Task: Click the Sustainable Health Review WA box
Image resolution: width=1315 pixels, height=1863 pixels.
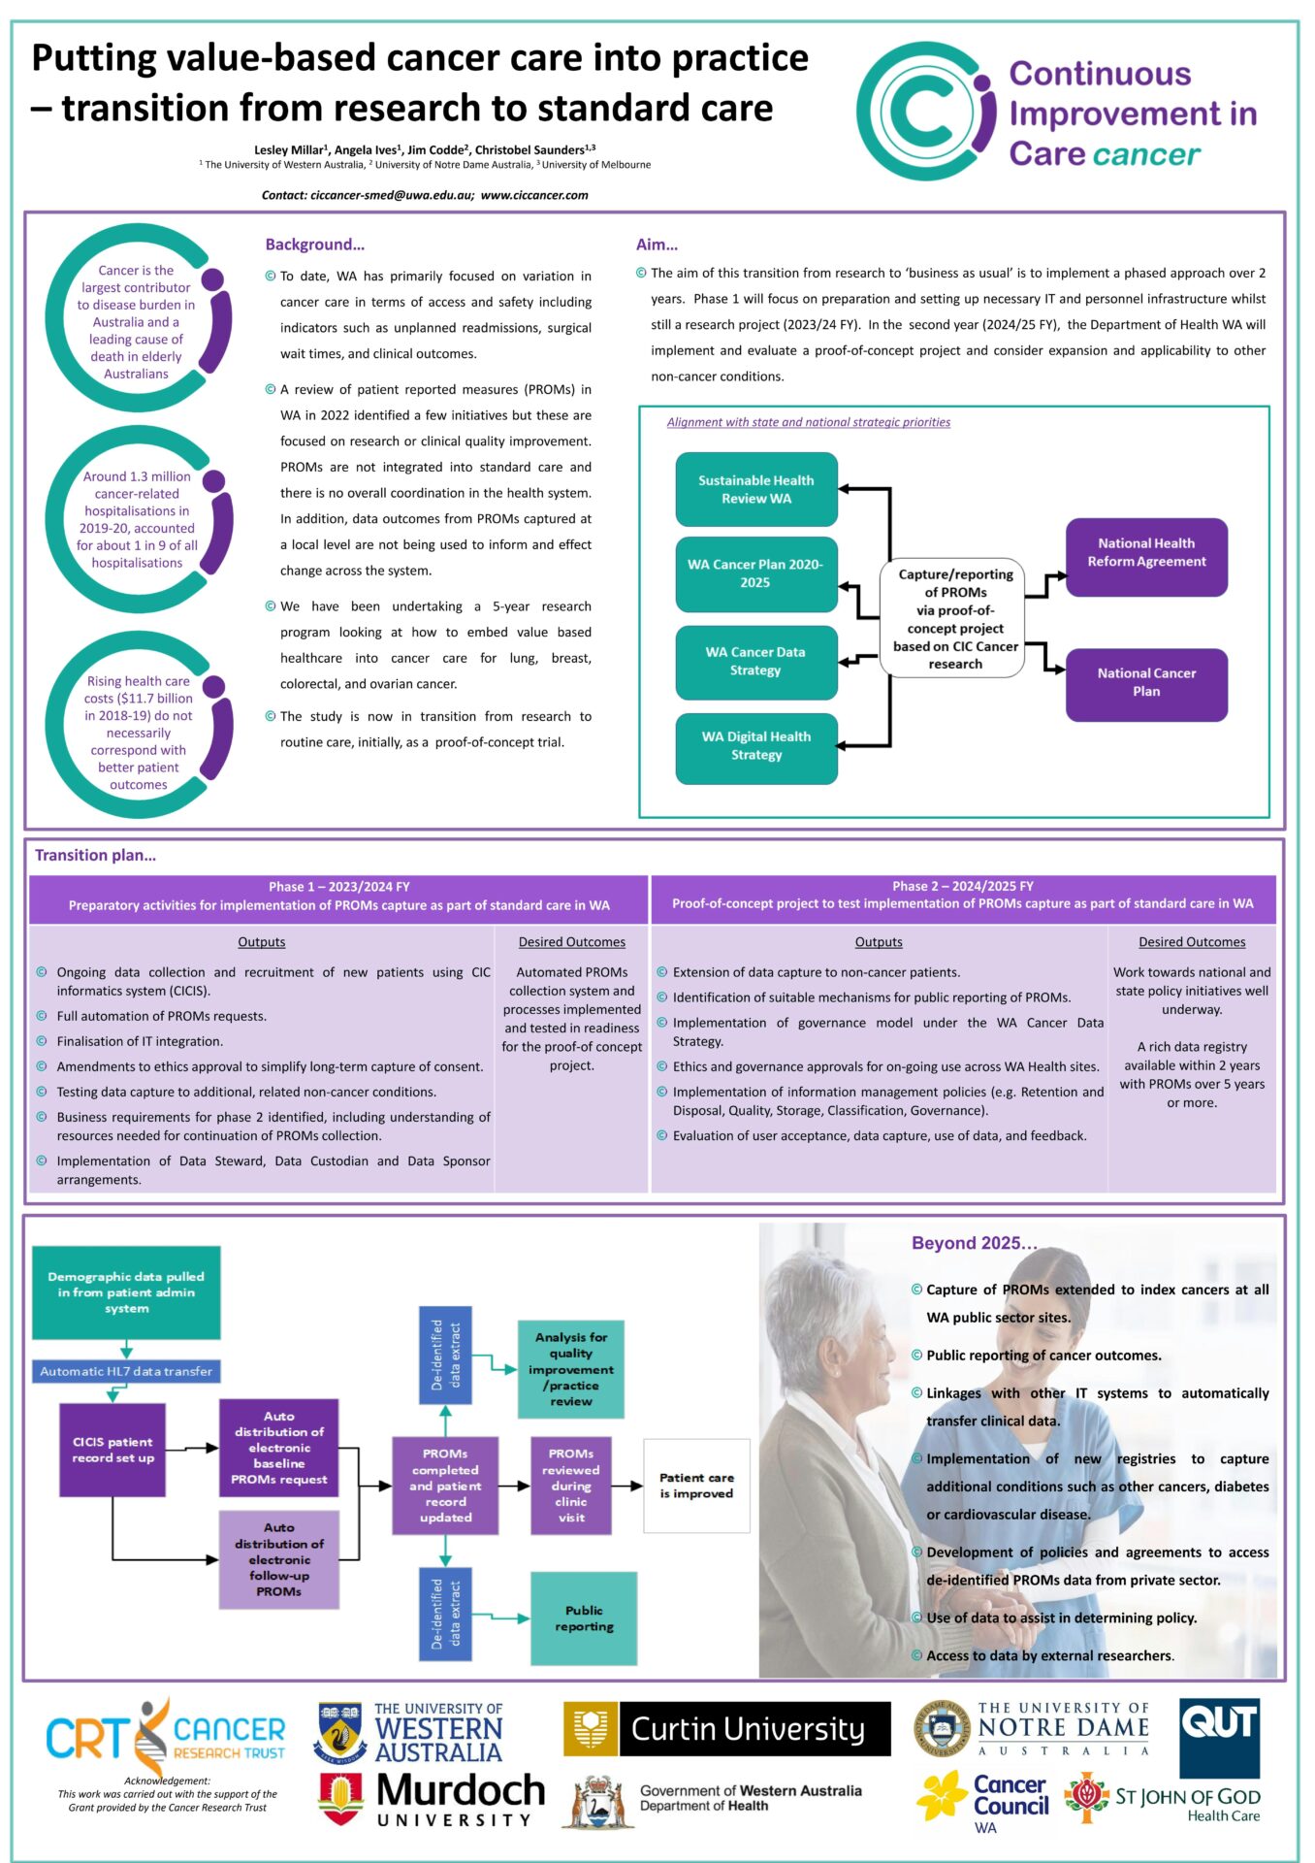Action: (x=755, y=489)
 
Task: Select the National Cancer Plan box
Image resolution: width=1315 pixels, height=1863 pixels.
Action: (x=1145, y=682)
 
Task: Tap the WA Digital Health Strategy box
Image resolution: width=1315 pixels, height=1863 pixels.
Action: (x=755, y=746)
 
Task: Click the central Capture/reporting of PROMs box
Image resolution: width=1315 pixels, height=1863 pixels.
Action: (x=954, y=617)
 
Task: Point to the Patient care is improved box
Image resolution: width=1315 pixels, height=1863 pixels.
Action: (x=696, y=1486)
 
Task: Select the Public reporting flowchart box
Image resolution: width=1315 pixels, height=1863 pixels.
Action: (x=584, y=1618)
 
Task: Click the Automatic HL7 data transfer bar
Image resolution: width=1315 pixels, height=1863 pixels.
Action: (x=126, y=1371)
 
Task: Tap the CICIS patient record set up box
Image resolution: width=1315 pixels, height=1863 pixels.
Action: (x=112, y=1450)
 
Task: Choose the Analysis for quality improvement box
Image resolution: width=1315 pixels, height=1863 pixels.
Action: (x=570, y=1369)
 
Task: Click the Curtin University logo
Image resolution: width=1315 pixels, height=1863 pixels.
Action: (x=726, y=1729)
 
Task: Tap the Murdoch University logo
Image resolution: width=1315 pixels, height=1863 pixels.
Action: (x=433, y=1799)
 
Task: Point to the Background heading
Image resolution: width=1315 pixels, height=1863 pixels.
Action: (x=314, y=245)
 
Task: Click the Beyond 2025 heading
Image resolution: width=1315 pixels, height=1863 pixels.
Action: (x=973, y=1243)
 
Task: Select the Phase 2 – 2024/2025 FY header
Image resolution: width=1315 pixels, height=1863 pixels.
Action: (x=962, y=886)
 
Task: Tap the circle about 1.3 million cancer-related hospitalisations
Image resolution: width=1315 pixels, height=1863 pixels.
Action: (x=137, y=519)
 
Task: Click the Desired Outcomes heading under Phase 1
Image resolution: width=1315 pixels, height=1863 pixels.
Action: (x=571, y=942)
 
